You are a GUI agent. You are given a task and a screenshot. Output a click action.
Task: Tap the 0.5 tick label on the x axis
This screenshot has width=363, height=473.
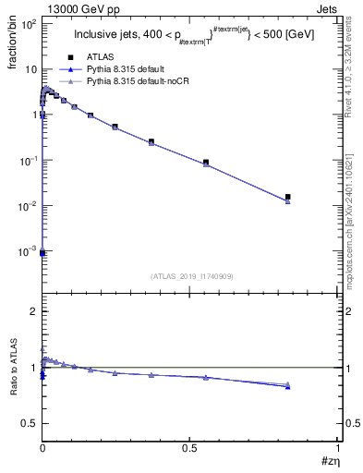189,447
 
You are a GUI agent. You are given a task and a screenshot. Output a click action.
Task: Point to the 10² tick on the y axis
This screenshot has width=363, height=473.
29,24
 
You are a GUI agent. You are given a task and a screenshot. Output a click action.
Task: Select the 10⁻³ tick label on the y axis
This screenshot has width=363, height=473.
28,251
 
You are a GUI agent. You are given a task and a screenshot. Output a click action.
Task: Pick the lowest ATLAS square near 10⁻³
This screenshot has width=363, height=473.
42,252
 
